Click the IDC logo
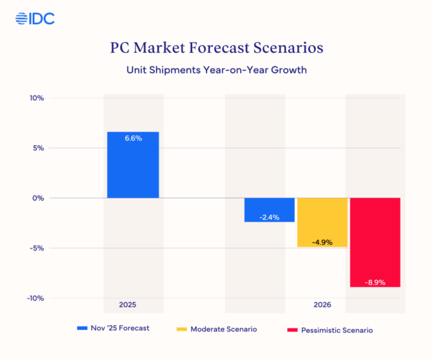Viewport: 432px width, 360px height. coord(35,18)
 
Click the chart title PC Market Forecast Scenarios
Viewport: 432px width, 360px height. coord(217,48)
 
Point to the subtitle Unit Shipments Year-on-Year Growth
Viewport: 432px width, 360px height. coord(217,69)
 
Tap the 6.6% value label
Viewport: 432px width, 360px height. coord(133,138)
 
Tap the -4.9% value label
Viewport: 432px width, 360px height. coord(322,242)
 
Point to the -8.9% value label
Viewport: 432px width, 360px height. coord(375,282)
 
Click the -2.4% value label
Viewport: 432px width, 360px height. coord(269,217)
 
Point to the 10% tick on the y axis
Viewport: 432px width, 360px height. coord(37,98)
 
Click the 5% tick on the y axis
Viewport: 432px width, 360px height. coord(39,148)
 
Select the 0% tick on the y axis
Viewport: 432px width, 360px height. coord(39,198)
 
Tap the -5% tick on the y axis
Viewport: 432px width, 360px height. coord(37,248)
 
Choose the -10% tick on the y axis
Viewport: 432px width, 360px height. coord(36,298)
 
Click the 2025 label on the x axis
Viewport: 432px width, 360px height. coord(128,305)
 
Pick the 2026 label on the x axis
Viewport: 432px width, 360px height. coord(322,305)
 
